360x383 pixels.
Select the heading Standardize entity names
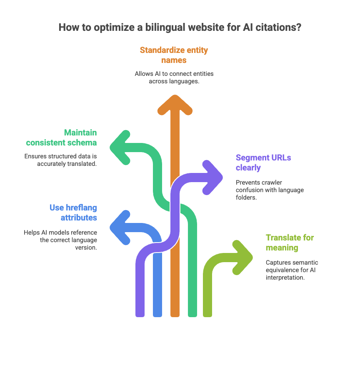(x=174, y=55)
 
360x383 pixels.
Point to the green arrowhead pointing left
(x=120, y=146)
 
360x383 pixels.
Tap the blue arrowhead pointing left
(x=120, y=227)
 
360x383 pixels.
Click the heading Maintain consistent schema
(x=61, y=138)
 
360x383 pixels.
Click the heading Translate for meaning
(x=290, y=243)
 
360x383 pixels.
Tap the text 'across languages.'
(x=174, y=81)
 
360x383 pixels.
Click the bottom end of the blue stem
(x=157, y=313)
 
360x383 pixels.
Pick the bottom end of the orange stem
(x=175, y=313)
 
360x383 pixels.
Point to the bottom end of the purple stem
(x=140, y=313)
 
